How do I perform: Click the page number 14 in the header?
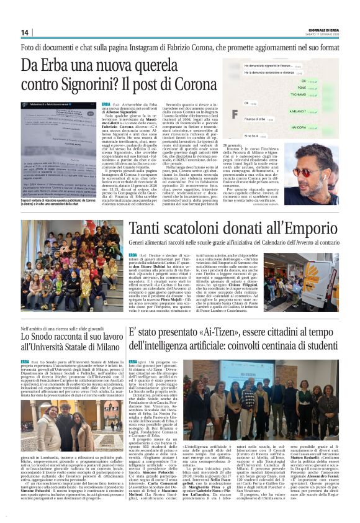tap(25, 32)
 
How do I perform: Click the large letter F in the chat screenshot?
tap(235, 114)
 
